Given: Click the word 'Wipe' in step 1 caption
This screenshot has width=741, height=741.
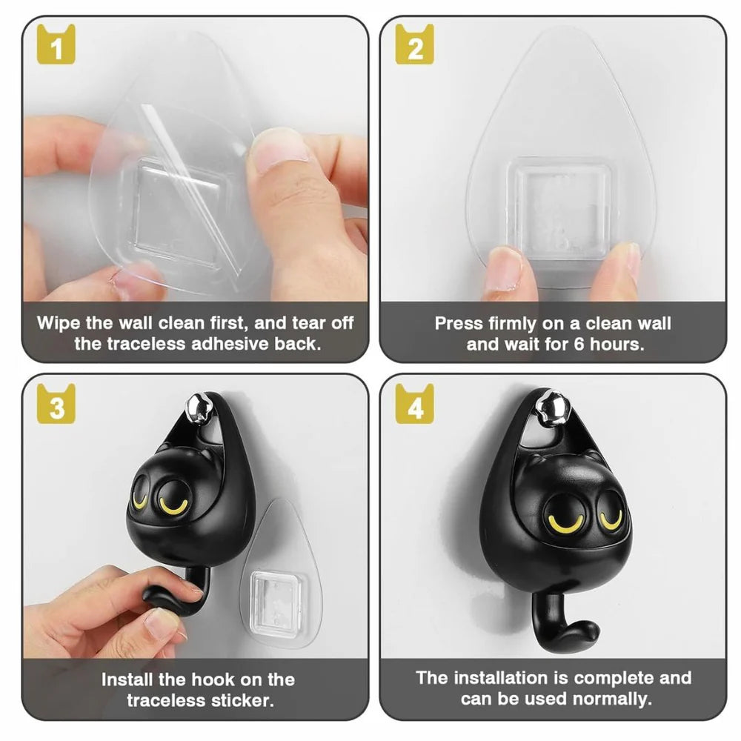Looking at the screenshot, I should (62, 323).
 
